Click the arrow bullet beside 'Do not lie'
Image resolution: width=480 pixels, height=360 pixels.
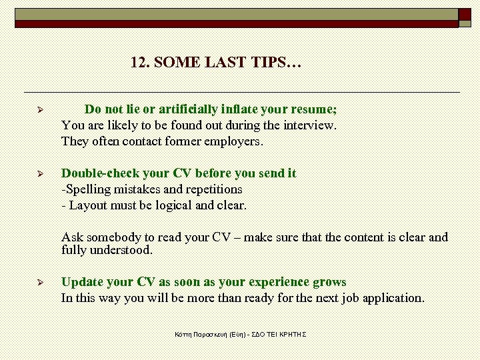pos(40,109)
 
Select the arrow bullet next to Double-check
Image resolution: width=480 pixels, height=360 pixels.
pos(40,173)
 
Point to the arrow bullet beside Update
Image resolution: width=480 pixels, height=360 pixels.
pos(40,283)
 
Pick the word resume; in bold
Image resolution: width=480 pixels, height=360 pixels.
pos(315,109)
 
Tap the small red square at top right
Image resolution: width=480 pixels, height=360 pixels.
pos(464,14)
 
